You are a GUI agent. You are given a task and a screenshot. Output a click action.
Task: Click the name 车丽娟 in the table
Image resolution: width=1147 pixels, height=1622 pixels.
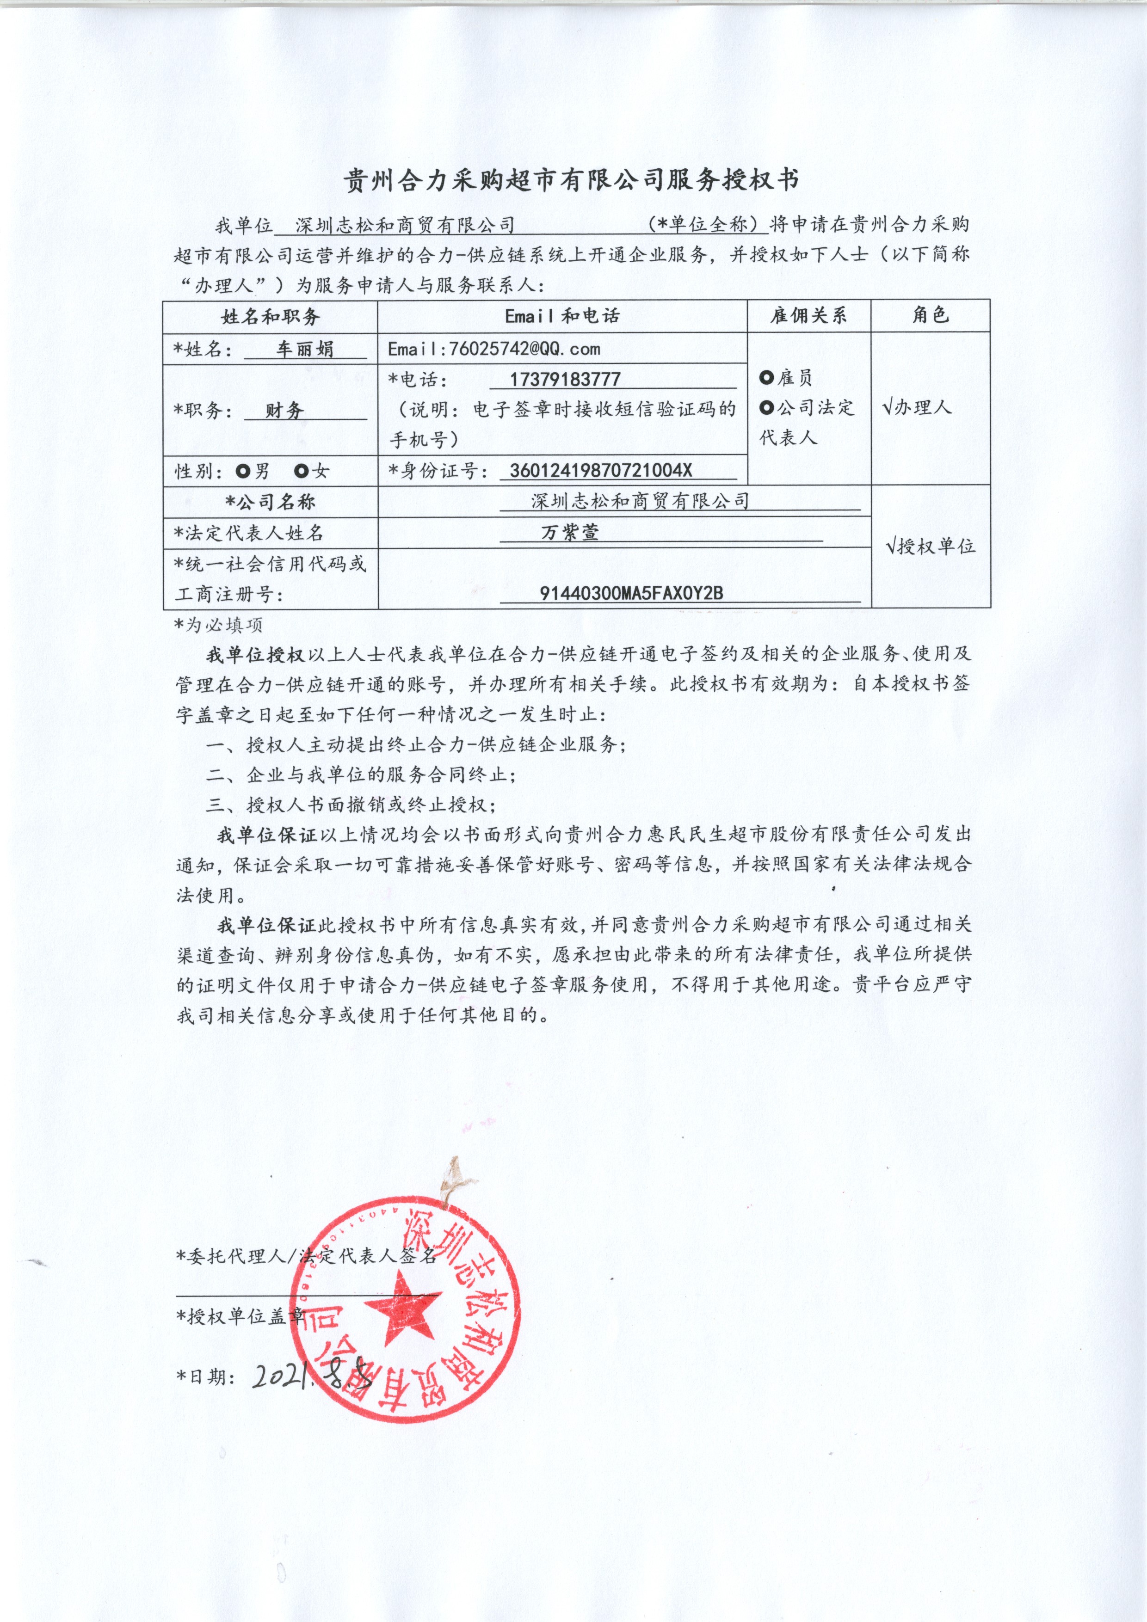point(305,349)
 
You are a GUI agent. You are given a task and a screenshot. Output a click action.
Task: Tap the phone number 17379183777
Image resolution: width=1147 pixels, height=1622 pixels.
point(565,379)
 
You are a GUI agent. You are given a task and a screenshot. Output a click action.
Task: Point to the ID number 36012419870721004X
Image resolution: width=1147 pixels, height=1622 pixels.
point(601,471)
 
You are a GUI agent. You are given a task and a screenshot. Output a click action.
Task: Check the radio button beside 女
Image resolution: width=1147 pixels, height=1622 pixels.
point(302,471)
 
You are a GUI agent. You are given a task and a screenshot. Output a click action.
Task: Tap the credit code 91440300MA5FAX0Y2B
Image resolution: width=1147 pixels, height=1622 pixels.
point(631,593)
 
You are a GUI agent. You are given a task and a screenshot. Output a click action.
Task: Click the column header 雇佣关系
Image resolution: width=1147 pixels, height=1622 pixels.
point(808,316)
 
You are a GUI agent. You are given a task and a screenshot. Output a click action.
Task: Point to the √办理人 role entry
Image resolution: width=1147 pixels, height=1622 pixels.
point(917,408)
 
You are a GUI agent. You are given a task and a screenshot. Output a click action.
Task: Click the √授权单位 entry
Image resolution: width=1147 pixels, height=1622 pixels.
point(930,546)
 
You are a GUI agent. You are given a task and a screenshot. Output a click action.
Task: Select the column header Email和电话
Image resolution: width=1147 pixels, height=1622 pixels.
point(562,316)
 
